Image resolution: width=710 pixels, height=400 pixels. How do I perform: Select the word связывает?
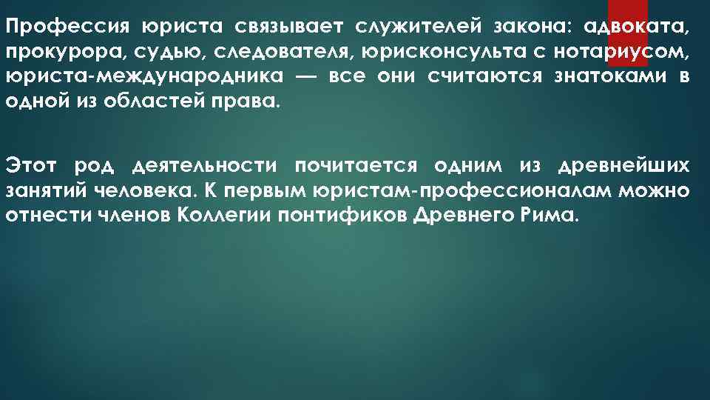pyautogui.click(x=287, y=28)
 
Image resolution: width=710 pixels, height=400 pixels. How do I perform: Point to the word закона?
pyautogui.click(x=529, y=28)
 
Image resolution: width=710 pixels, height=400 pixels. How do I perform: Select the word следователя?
pyautogui.click(x=268, y=53)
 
